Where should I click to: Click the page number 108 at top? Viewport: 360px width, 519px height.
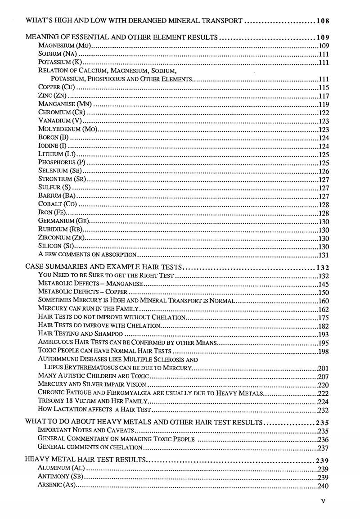coord(323,21)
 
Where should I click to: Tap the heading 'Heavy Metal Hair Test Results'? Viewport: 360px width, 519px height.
coord(85,460)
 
